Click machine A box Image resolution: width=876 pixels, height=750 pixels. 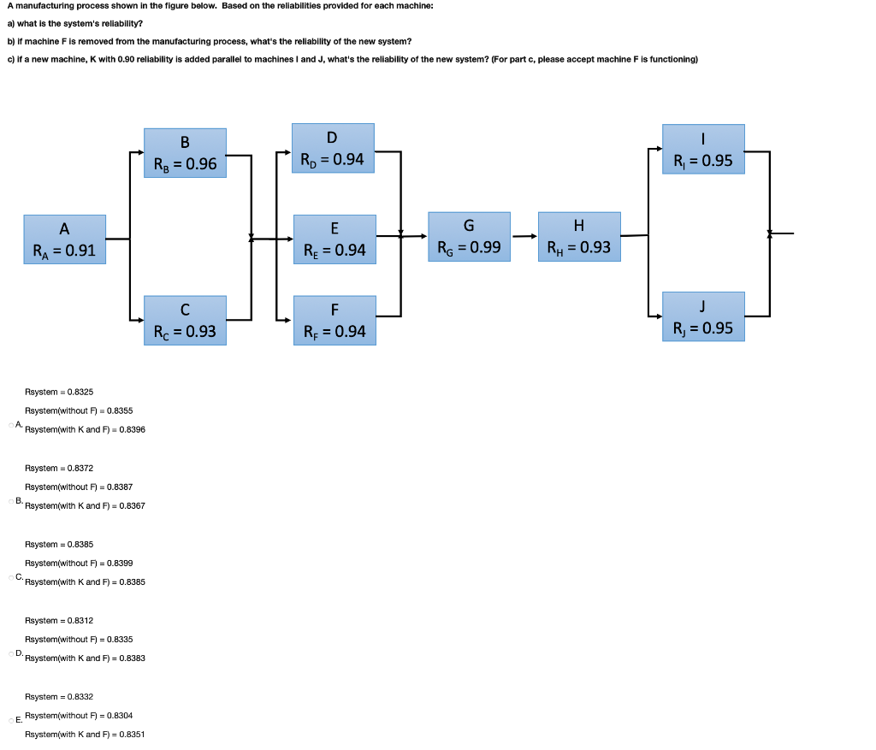coord(65,239)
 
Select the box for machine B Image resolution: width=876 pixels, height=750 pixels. coord(185,152)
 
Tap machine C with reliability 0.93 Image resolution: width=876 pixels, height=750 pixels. coord(185,320)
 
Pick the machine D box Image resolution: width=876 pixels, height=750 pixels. coord(333,148)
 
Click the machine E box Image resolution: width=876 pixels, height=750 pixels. coord(334,239)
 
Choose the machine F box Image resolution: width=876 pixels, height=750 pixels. coord(334,320)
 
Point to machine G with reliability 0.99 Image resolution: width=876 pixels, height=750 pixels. coord(468,237)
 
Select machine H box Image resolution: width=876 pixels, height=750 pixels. coord(579,237)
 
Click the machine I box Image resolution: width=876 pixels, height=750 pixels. coord(703,150)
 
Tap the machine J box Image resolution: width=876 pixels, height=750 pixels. coord(703,316)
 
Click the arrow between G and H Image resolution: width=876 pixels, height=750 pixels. coord(524,237)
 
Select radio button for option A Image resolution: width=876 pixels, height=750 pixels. coord(11,424)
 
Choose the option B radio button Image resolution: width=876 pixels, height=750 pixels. coord(11,500)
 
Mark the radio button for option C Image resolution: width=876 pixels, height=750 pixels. coord(11,577)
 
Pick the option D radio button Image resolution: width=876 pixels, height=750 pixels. coord(11,653)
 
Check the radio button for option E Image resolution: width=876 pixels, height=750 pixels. coord(11,720)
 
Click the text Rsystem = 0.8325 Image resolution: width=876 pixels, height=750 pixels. coord(59,392)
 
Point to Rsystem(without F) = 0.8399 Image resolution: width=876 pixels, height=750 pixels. coord(79,563)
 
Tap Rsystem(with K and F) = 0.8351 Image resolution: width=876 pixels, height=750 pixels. coord(85,735)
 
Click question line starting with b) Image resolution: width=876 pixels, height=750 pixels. coord(209,41)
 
